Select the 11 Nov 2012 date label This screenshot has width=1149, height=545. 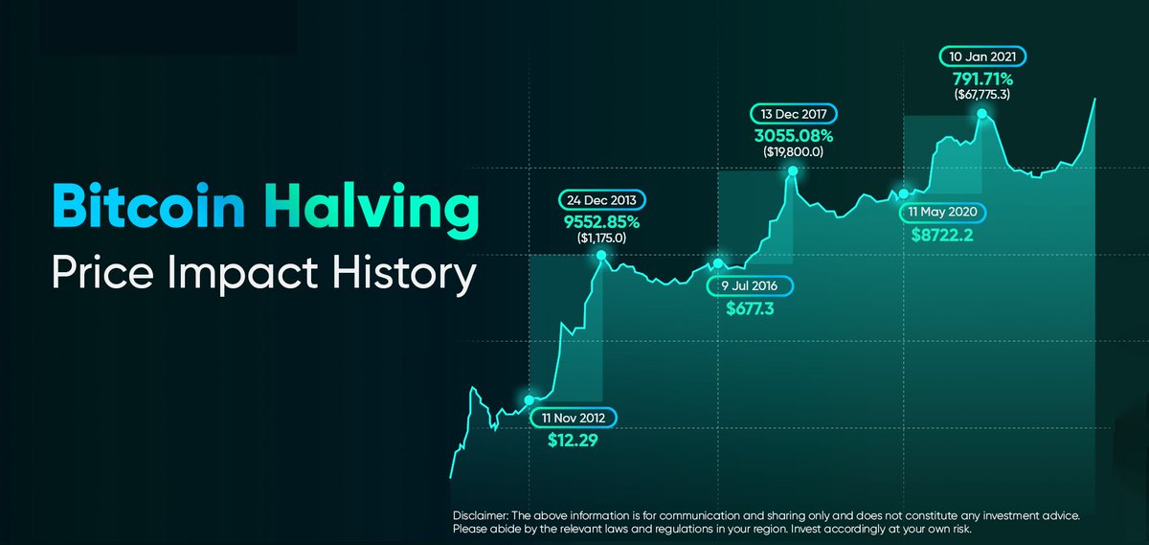pyautogui.click(x=574, y=418)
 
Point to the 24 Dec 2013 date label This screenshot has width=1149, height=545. pyautogui.click(x=601, y=200)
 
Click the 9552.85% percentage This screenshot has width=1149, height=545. pyautogui.click(x=601, y=221)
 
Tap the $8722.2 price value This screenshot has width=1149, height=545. pyautogui.click(x=942, y=234)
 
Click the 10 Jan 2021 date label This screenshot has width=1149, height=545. pyautogui.click(x=981, y=56)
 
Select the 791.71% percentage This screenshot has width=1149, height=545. pyautogui.click(x=981, y=77)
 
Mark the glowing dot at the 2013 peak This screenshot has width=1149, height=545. pyautogui.click(x=601, y=256)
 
